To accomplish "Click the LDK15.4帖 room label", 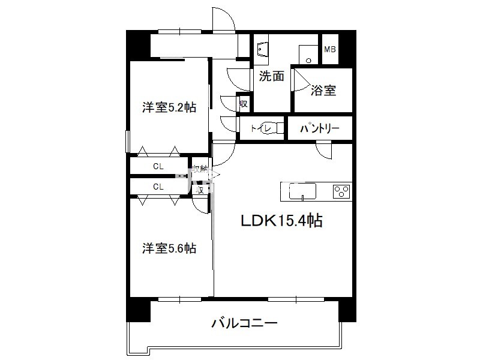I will (x=281, y=221).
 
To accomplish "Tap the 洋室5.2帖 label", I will (x=169, y=107).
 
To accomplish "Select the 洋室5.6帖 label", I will (x=169, y=248).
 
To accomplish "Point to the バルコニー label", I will (x=244, y=325).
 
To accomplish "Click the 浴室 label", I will (x=323, y=91).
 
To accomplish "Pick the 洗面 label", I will (x=271, y=76).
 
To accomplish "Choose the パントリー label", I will (x=319, y=128).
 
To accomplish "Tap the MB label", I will (x=331, y=50).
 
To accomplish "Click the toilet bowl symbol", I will (x=273, y=128).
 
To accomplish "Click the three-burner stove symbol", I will (x=342, y=191).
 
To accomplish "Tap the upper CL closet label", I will (x=158, y=166).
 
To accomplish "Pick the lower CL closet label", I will (x=158, y=187).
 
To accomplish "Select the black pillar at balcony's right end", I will (x=346, y=309).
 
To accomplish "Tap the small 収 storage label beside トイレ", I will (x=243, y=103).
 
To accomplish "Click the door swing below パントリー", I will (x=324, y=150).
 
